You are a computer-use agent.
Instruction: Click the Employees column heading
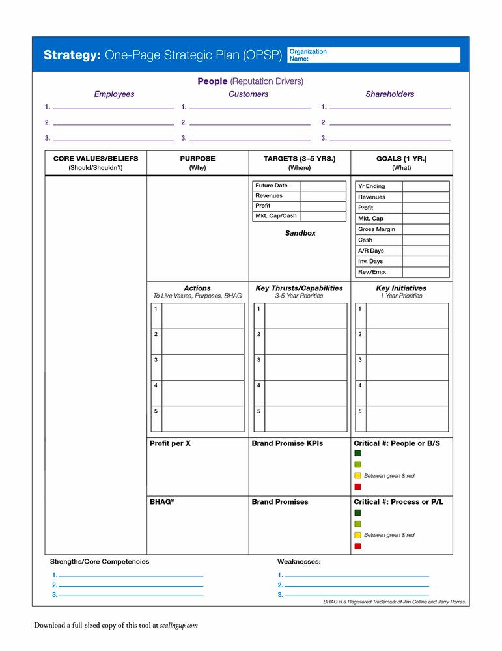click(114, 94)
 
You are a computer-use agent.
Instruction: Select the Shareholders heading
click(389, 94)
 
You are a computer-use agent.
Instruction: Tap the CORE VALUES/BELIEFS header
click(96, 159)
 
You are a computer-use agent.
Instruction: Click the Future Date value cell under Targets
click(323, 186)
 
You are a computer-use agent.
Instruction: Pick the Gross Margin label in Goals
click(376, 229)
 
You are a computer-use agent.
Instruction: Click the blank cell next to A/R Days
click(425, 251)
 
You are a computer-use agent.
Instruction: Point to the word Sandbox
click(300, 233)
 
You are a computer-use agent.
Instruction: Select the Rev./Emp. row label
click(372, 272)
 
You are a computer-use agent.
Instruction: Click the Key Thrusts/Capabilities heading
click(300, 288)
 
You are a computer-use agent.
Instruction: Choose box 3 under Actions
click(202, 367)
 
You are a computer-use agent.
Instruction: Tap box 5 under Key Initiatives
click(407, 419)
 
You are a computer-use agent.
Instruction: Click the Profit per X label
click(170, 443)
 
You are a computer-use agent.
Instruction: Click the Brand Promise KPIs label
click(287, 443)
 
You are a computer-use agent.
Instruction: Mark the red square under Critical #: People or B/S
click(357, 487)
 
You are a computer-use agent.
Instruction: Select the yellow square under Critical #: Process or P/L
click(357, 535)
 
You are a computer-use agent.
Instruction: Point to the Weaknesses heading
click(299, 561)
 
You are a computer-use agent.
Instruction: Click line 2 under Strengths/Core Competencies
click(131, 586)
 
